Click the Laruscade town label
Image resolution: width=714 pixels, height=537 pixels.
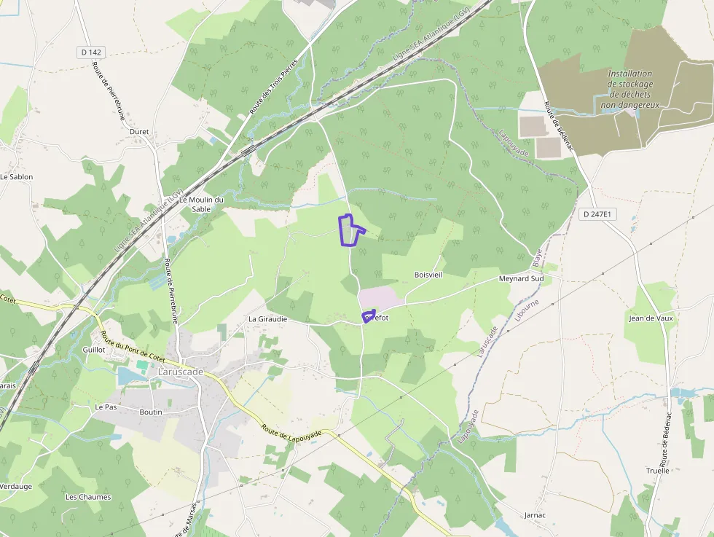tap(181, 372)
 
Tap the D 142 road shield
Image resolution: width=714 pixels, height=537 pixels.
tap(90, 52)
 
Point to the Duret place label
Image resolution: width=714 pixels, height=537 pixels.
tap(138, 132)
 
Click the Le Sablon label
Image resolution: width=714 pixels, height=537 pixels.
tap(16, 177)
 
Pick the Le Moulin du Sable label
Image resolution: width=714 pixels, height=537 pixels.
tap(201, 204)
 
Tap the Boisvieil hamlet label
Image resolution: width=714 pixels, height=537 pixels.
tap(428, 275)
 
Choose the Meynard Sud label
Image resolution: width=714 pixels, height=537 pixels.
tap(521, 279)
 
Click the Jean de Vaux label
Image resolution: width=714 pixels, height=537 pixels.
tap(651, 318)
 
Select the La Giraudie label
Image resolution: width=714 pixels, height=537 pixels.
tap(267, 319)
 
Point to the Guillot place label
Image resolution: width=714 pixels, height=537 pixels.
tap(95, 350)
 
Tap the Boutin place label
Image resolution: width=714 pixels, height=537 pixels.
tap(151, 412)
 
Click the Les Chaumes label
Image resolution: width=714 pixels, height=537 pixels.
tap(88, 497)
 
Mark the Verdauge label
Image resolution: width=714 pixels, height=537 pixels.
tap(15, 486)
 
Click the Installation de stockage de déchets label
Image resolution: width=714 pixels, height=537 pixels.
tap(630, 90)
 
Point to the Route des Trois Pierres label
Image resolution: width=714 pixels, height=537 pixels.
tap(274, 85)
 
